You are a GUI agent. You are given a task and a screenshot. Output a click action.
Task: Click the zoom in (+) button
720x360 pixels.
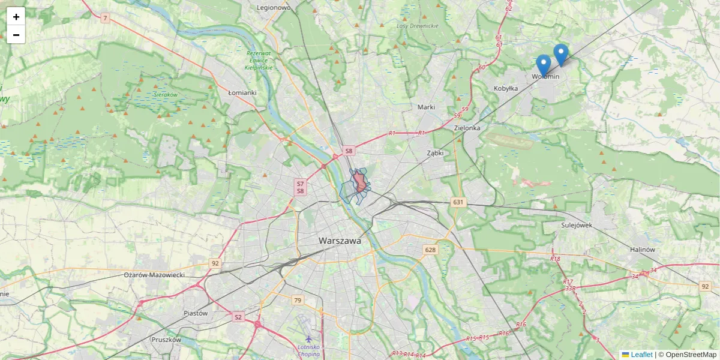[x=16, y=17]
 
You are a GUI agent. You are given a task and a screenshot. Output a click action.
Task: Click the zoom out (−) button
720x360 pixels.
[x=16, y=35]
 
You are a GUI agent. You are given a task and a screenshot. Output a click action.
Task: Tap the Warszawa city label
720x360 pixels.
[x=340, y=241]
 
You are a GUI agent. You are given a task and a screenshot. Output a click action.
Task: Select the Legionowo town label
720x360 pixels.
[x=273, y=8]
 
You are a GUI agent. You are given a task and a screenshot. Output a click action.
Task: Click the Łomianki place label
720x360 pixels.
[x=242, y=92]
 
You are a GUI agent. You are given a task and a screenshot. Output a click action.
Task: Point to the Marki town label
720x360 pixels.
[x=425, y=107]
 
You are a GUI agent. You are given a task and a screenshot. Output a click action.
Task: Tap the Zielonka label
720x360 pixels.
[x=467, y=128]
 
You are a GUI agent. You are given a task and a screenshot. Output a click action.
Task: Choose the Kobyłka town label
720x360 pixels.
[x=505, y=88]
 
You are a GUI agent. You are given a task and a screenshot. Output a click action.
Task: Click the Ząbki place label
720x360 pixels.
[x=435, y=153]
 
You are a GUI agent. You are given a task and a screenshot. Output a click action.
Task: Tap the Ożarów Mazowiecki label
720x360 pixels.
[x=154, y=274]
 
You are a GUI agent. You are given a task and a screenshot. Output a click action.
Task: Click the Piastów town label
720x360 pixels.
[x=196, y=313]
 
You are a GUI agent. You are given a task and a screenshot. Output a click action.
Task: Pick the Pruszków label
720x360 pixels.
[x=166, y=339]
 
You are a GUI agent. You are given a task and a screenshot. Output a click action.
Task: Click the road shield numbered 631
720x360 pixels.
[x=459, y=202]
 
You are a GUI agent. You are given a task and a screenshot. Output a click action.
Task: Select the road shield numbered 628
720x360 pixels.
[x=430, y=250]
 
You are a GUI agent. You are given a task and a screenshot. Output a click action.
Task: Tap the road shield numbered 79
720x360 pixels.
[x=297, y=300]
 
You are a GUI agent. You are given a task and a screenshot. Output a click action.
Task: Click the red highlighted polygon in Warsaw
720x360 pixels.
[x=360, y=181]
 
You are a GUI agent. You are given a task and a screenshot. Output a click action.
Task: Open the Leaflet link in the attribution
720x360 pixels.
[x=641, y=355]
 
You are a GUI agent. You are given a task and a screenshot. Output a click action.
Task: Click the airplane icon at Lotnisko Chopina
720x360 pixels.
[x=308, y=340]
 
